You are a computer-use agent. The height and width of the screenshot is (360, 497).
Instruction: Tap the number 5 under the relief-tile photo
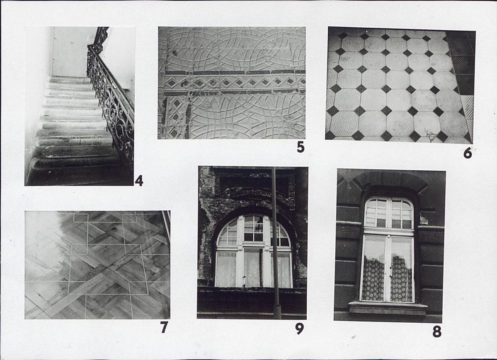point(301,147)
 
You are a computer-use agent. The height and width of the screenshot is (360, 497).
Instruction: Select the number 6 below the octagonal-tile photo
point(468,153)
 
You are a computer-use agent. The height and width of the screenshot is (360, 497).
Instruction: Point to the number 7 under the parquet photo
point(164,327)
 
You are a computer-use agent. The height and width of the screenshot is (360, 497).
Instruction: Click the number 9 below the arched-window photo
point(299,329)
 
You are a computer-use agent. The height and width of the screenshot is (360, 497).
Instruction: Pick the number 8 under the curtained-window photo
point(437,332)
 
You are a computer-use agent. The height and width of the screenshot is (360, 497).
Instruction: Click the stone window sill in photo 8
point(388,308)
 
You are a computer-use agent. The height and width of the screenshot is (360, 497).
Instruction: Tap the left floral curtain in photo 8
point(373,278)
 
